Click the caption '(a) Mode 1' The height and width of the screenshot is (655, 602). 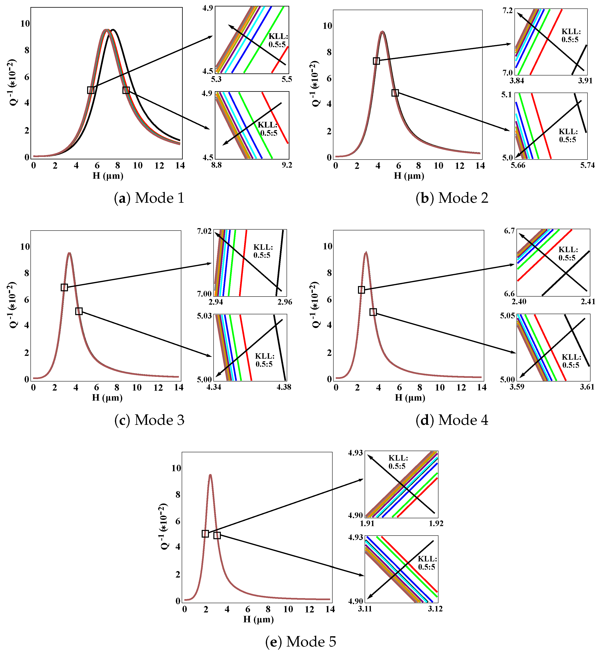coord(149,198)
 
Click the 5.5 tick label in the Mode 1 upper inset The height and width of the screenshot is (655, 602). coord(286,79)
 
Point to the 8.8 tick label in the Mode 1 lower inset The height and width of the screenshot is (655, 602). coord(216,165)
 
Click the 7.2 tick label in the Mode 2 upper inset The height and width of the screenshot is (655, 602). coord(508,11)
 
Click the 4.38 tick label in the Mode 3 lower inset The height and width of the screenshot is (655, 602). coord(284,387)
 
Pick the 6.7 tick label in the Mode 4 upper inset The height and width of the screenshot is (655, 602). coord(509,231)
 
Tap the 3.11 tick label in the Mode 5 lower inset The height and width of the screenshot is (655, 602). coord(365,609)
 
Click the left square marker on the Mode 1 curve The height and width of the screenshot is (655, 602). coord(91,90)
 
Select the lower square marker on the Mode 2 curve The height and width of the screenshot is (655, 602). coord(395,93)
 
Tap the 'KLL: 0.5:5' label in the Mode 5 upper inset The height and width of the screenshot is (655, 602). coord(398,462)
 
